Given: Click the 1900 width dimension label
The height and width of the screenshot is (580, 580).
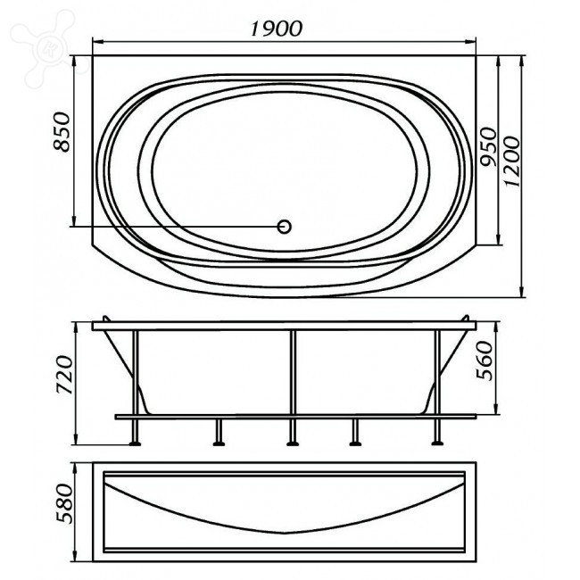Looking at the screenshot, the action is pos(277,29).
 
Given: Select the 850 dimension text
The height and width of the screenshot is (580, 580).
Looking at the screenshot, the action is pos(62,132).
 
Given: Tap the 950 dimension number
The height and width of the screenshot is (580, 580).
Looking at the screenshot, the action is pos(487,147).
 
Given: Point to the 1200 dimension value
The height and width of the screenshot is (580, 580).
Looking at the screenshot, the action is pos(512,162).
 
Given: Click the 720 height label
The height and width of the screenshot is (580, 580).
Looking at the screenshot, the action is pos(64,375).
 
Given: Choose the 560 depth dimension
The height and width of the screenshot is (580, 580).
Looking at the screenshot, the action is pos(485,360).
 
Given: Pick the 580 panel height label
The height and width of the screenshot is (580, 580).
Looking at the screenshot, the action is pos(64,503).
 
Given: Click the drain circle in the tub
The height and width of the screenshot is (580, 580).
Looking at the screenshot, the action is pos(284,227).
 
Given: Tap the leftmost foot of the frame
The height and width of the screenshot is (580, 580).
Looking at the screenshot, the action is pos(135,443).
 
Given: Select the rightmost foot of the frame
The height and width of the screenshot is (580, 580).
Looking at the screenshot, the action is pos(437,443).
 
